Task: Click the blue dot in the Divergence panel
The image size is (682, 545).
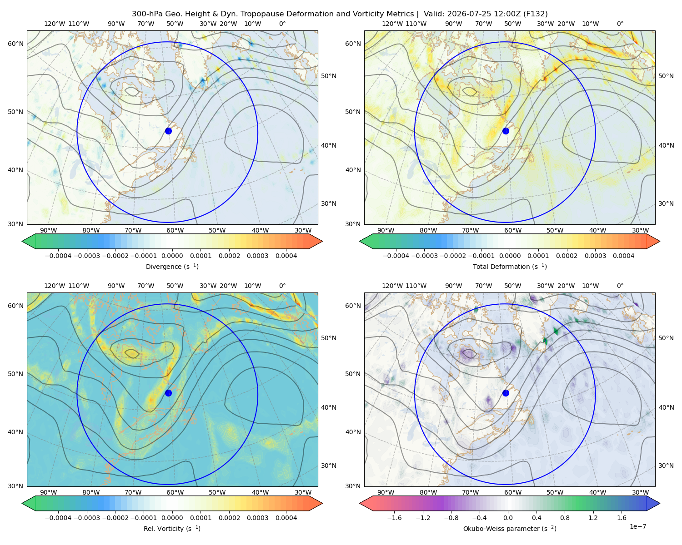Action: pos(168,131)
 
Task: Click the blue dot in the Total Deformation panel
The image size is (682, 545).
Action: pos(506,131)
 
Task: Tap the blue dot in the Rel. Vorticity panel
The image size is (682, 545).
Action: pos(168,393)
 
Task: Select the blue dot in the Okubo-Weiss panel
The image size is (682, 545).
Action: pos(506,393)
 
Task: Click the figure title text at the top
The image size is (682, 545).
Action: pos(340,14)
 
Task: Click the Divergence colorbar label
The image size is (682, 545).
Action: pos(172,266)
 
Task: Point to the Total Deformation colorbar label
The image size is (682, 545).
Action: pos(510,266)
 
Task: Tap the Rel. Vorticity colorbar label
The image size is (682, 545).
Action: pos(172,529)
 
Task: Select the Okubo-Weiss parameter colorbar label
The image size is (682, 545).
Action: pos(510,529)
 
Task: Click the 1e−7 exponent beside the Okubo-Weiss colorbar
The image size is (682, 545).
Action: pos(637,526)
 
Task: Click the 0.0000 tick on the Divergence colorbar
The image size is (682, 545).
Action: pos(172,256)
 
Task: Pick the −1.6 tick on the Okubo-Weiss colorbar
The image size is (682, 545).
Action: pos(394,518)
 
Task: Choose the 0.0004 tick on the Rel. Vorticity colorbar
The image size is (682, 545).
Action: pos(286,518)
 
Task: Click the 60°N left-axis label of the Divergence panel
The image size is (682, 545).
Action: pos(15,44)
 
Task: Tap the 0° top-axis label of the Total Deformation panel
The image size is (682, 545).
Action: pos(620,24)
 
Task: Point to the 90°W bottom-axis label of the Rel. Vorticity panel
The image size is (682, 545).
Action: pos(48,492)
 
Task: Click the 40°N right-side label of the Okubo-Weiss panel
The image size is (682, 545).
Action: pos(666,407)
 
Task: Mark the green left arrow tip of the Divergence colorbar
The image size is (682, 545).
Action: pos(22,241)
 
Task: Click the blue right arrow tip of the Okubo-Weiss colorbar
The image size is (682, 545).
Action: pos(660,503)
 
